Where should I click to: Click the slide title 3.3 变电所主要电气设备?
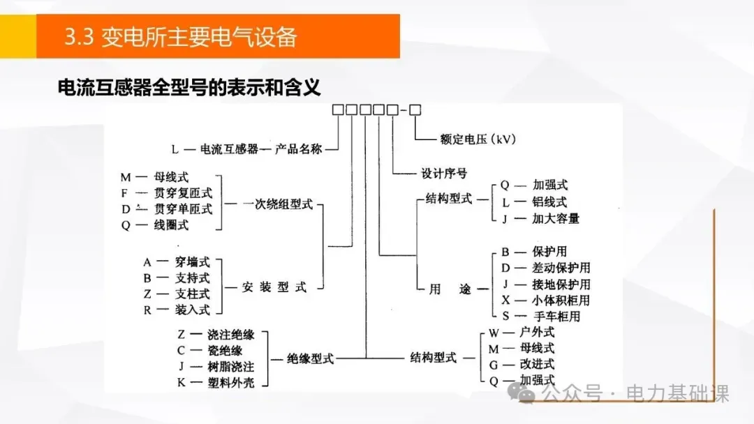click(x=180, y=36)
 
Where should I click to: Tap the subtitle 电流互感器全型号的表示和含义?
click(x=188, y=89)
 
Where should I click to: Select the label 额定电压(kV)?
click(x=478, y=139)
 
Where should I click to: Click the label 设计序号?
click(x=444, y=173)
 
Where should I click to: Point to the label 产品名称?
click(x=298, y=149)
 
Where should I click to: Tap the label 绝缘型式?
click(x=311, y=359)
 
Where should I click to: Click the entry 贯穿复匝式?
click(x=184, y=193)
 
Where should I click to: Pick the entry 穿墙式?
click(x=192, y=262)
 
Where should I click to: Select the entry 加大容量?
click(x=556, y=218)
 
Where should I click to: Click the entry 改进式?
click(x=537, y=364)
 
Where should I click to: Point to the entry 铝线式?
click(x=550, y=202)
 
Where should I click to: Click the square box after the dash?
click(x=415, y=109)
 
